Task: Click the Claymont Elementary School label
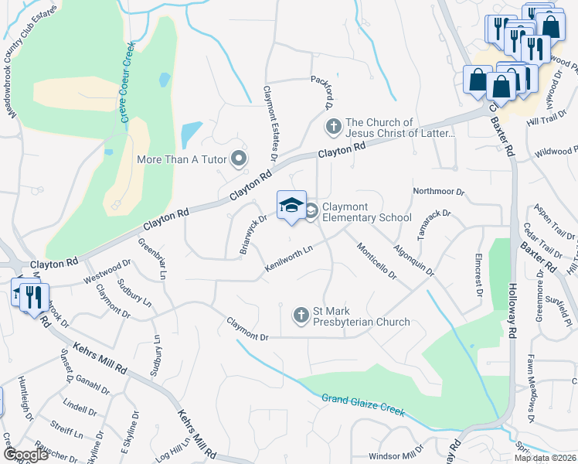(x=367, y=212)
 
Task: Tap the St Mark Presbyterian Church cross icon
(x=302, y=315)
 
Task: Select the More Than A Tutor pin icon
(x=239, y=159)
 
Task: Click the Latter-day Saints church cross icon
(x=333, y=125)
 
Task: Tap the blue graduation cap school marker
(x=291, y=206)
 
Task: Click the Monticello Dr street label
(x=376, y=261)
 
